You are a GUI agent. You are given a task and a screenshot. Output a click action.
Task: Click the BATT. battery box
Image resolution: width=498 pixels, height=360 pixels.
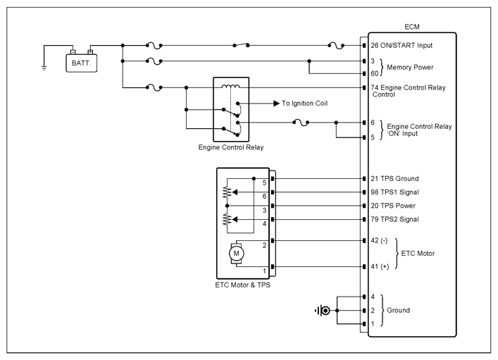[x=81, y=63]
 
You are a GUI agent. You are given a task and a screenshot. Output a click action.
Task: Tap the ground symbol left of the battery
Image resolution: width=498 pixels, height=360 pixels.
[x=44, y=68]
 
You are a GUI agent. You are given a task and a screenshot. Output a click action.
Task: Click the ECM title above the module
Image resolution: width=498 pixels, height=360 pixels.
[x=412, y=27]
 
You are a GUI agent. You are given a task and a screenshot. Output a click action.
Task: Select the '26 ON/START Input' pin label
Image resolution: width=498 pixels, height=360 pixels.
[x=401, y=45]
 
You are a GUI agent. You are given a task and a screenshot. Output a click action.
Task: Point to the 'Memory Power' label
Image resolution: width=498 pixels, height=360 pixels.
[x=410, y=68]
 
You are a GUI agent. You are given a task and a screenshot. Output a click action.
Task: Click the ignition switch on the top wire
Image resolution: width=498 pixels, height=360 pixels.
[x=241, y=45]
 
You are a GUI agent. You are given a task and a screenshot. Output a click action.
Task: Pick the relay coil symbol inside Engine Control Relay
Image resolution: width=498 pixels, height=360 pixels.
[x=231, y=86]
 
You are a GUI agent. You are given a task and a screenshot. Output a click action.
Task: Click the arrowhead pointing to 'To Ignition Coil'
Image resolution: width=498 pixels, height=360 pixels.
[x=276, y=104]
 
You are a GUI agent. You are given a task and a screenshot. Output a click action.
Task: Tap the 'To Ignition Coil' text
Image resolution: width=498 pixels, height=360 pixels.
[x=304, y=104]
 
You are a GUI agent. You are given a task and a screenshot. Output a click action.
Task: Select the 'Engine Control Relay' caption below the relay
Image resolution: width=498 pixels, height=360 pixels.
[x=231, y=147]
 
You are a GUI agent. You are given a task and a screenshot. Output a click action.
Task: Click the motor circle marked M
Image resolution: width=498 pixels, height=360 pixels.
[x=236, y=254]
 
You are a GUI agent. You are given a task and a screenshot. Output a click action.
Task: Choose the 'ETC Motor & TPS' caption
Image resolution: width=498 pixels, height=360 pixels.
[x=242, y=285]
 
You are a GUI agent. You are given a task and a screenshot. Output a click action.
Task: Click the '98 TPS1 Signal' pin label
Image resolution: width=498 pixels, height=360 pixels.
[x=394, y=192]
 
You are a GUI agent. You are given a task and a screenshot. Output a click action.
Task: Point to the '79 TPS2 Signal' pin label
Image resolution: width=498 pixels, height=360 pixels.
[x=394, y=219]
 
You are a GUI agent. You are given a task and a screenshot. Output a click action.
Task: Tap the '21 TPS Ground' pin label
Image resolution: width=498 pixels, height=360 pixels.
[x=394, y=178]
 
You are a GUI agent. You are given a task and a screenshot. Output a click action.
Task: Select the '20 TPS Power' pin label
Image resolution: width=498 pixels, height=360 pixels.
[x=393, y=206]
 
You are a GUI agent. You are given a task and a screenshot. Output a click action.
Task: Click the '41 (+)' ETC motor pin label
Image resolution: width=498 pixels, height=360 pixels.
[x=380, y=266]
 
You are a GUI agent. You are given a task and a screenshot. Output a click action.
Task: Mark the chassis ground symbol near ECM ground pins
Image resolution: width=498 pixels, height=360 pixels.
[x=323, y=311]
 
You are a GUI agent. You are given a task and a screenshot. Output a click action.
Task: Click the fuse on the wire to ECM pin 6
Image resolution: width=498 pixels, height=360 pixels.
[x=301, y=123]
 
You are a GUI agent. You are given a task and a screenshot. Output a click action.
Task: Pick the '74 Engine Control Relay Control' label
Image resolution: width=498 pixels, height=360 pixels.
[x=408, y=91]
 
